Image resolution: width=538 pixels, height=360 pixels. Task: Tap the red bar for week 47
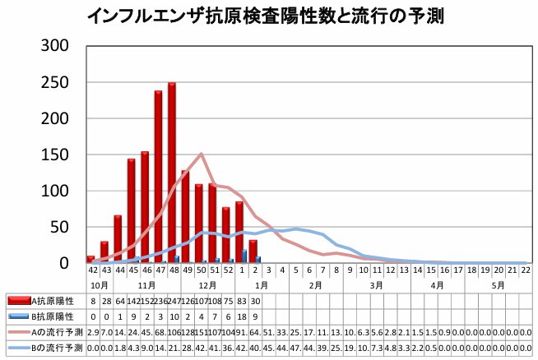pyautogui.click(x=158, y=177)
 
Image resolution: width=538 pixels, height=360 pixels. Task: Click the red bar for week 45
pyautogui.click(x=132, y=210)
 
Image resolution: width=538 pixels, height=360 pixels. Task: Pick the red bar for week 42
pyautogui.click(x=90, y=259)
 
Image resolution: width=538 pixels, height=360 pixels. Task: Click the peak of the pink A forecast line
pyautogui.click(x=202, y=154)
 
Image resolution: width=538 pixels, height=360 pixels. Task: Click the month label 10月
pyautogui.click(x=98, y=284)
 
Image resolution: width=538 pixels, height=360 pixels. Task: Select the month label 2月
pyautogui.click(x=315, y=284)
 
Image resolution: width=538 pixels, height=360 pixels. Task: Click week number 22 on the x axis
pyautogui.click(x=525, y=270)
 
